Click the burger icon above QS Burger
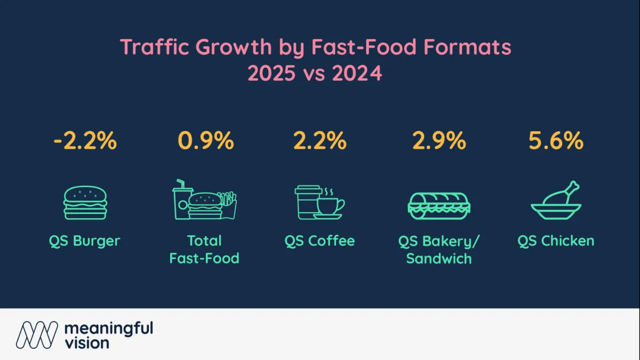[85, 203]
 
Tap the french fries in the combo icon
[228, 205]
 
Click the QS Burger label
[85, 241]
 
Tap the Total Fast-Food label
[204, 250]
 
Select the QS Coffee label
[319, 241]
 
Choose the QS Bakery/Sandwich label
[438, 250]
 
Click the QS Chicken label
[556, 241]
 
